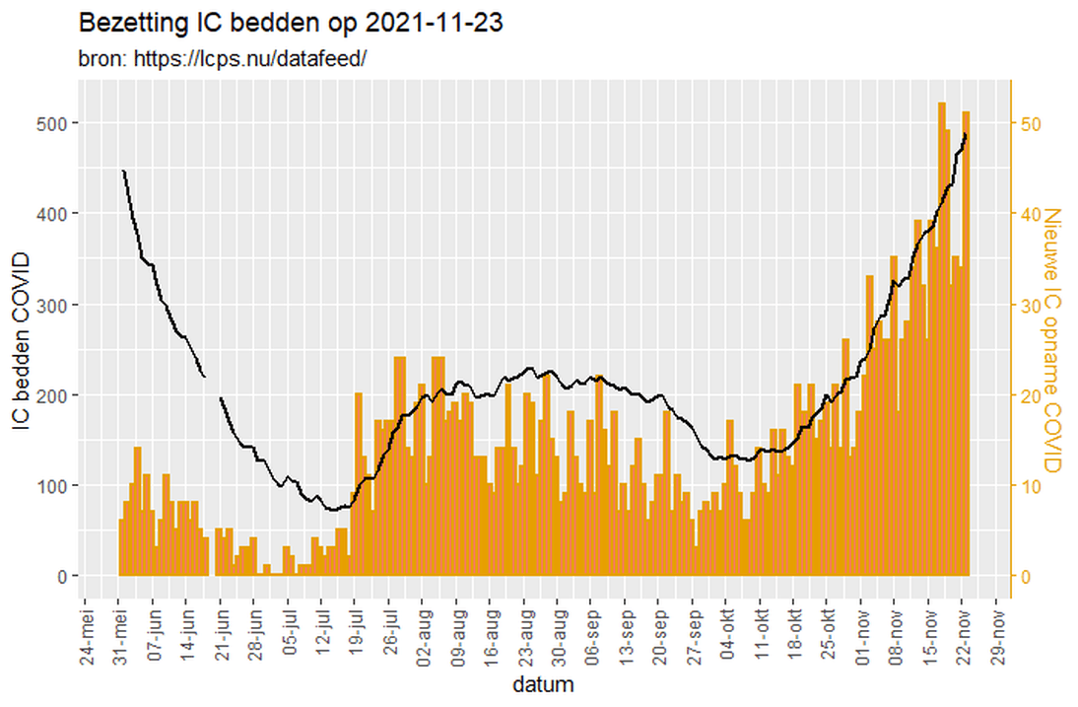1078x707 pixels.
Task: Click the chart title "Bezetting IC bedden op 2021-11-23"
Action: [x=291, y=23]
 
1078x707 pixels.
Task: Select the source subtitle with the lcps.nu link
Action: [x=223, y=58]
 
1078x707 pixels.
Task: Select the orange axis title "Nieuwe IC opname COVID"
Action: [x=1051, y=340]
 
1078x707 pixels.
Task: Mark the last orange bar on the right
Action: [x=967, y=345]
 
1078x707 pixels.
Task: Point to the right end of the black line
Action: [x=966, y=134]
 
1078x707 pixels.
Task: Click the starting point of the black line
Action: [x=123, y=171]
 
